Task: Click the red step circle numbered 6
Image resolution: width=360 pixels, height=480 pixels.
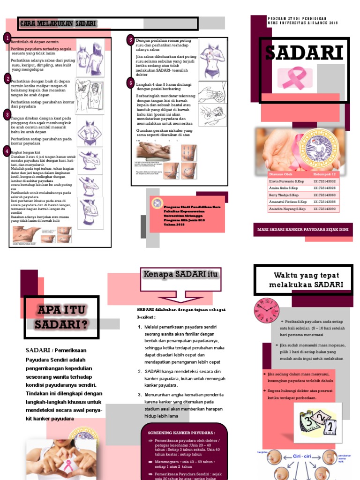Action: coord(130,83)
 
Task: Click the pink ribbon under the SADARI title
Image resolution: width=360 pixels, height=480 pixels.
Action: coord(292,77)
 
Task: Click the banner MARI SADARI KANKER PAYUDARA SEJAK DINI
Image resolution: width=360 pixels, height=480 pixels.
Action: coord(302,230)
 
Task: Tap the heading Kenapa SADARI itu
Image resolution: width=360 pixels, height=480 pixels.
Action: coord(180,274)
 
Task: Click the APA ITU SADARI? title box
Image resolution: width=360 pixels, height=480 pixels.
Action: coord(61,317)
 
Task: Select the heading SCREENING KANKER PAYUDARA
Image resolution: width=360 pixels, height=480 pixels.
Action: coord(181,433)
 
